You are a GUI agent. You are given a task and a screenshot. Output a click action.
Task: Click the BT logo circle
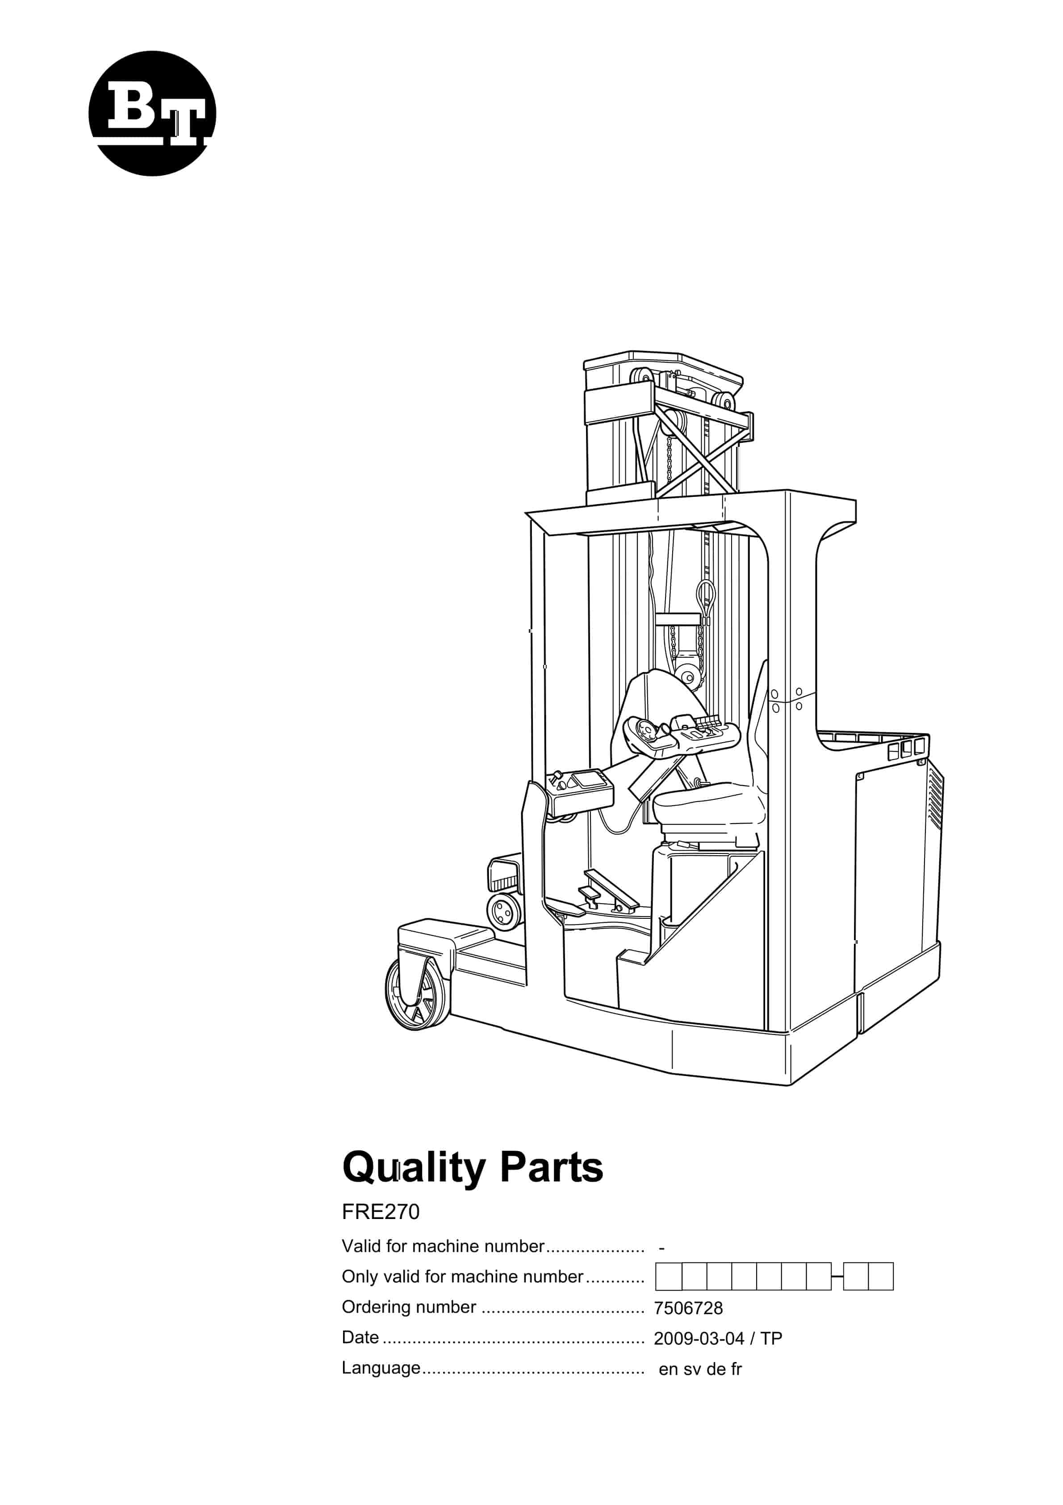[x=152, y=114]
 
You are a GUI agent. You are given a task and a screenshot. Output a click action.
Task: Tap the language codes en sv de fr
[x=700, y=1369]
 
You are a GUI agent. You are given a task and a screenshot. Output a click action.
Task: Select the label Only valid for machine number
[x=462, y=1277]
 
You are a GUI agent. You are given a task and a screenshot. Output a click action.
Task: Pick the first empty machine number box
[x=669, y=1277]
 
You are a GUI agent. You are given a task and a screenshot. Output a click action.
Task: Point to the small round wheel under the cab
[x=504, y=911]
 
